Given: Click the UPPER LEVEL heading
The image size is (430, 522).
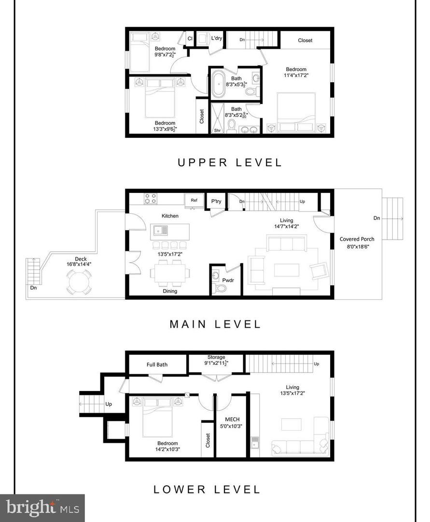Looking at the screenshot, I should (x=230, y=162).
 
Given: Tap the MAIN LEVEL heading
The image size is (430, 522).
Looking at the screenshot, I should (x=215, y=324).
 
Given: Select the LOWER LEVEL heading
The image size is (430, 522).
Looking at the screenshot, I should (x=208, y=489).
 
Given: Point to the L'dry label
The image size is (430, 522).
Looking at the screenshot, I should (x=216, y=38).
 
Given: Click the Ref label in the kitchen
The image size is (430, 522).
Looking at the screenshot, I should (x=194, y=199).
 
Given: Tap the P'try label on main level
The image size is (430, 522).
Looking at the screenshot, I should (x=216, y=201).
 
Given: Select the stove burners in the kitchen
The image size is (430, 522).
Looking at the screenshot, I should (x=151, y=198).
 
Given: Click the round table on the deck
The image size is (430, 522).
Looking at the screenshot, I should (x=78, y=282).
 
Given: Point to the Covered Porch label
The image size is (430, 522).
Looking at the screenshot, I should (x=357, y=239).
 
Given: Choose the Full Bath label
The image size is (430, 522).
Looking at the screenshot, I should (x=157, y=364).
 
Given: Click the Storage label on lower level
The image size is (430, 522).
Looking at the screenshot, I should (x=216, y=357).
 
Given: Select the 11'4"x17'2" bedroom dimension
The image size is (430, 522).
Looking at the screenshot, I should (x=296, y=75).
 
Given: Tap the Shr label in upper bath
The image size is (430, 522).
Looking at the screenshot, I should (x=217, y=130).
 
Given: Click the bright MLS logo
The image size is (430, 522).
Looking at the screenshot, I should (x=42, y=508).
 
